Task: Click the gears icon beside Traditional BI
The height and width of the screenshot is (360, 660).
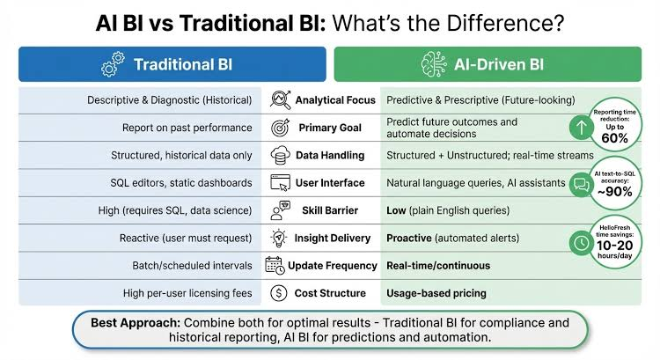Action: coord(113,64)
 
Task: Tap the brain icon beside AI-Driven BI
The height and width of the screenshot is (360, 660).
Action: coord(434,64)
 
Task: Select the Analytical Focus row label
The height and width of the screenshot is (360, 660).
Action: coord(335,100)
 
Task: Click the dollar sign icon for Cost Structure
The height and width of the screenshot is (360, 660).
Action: coord(279,293)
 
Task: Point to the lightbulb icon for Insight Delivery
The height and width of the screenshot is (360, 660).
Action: coord(279,238)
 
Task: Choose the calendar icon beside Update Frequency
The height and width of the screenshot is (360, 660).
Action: coord(275,266)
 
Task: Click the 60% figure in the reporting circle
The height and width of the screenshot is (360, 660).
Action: coord(614,138)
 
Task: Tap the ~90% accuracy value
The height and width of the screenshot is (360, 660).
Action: coord(614,192)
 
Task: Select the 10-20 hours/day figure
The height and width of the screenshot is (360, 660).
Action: coord(615,249)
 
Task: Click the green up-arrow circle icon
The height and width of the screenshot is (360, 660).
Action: coord(582,127)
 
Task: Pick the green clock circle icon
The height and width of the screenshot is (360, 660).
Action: coord(582,243)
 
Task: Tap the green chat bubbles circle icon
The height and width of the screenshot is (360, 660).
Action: coord(582,185)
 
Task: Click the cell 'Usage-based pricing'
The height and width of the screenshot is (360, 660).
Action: coord(436,293)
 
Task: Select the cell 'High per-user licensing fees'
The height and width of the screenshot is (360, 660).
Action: coord(187,293)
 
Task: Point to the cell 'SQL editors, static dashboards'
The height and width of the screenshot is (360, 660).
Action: coord(181,183)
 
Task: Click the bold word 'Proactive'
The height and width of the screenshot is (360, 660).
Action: coord(409,238)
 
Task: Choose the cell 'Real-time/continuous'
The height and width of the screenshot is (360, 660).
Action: coord(438,266)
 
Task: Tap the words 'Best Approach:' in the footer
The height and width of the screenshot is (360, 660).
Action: coord(136,323)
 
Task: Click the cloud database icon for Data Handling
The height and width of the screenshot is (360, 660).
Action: coord(280,156)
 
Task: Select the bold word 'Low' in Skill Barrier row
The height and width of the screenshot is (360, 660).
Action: coord(396,210)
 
